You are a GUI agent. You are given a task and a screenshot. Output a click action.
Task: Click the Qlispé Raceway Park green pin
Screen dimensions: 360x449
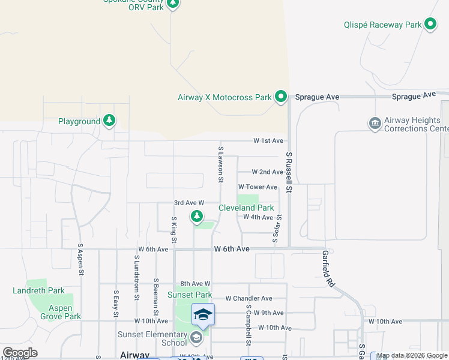click(430, 25)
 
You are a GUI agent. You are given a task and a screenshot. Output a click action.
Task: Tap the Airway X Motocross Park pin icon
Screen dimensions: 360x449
click(280, 97)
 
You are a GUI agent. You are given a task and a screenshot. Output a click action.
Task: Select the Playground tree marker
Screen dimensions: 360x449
click(109, 121)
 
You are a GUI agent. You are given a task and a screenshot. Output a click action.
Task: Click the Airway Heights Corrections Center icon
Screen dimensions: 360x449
click(375, 124)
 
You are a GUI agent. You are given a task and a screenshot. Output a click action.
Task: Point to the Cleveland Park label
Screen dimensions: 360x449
click(246, 208)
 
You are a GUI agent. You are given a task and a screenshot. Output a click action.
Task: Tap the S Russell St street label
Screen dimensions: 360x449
click(289, 173)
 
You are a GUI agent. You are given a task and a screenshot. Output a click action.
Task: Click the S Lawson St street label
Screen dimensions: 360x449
click(221, 164)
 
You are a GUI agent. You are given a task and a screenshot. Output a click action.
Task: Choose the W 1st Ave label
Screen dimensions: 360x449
click(268, 140)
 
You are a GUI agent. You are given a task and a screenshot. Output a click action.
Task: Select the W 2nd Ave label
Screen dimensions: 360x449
click(267, 172)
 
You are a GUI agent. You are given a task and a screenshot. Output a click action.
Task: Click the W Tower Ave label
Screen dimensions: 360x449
click(258, 187)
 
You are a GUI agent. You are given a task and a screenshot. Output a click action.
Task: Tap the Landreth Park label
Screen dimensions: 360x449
click(38, 290)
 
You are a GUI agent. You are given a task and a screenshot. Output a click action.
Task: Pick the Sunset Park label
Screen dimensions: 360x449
click(190, 295)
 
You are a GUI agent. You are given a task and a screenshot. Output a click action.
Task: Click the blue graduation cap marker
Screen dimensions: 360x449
click(203, 314)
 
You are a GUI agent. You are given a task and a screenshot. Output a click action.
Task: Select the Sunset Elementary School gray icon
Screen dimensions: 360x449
click(196, 338)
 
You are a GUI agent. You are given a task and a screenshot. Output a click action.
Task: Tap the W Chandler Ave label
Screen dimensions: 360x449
click(249, 298)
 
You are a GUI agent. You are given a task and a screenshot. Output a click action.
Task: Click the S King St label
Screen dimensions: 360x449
click(174, 230)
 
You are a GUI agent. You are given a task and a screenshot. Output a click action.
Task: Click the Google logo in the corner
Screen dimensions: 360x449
click(20, 353)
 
